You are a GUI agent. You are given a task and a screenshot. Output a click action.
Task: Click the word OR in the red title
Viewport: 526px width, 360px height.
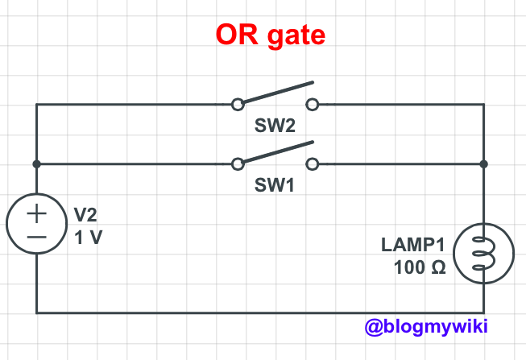[x=238, y=35]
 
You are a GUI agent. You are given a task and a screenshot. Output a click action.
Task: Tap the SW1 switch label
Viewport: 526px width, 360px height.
[x=274, y=184]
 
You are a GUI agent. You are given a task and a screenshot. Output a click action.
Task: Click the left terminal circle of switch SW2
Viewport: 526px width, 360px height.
[x=237, y=104]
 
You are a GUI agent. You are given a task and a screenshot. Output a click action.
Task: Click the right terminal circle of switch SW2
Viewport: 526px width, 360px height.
[x=312, y=104]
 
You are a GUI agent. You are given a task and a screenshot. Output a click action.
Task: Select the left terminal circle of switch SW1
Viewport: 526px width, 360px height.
[x=237, y=164]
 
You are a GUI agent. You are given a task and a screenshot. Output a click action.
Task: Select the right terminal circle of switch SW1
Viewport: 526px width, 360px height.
[x=312, y=164]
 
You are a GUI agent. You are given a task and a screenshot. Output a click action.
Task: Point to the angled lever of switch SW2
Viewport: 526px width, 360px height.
[x=275, y=93]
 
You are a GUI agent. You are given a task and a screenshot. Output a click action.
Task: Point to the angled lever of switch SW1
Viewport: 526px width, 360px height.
[x=275, y=153]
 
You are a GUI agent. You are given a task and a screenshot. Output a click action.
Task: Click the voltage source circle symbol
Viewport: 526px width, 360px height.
[x=36, y=225]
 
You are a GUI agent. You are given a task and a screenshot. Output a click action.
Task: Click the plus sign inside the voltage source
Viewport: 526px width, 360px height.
[x=36, y=213]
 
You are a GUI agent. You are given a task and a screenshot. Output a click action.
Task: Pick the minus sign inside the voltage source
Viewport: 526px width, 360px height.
[x=36, y=237]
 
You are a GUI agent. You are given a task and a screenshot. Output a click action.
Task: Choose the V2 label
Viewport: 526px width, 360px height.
[x=86, y=215]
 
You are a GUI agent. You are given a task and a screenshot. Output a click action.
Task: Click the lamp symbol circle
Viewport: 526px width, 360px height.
[x=483, y=254]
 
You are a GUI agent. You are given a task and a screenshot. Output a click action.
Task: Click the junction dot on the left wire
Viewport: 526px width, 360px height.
[x=36, y=164]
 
